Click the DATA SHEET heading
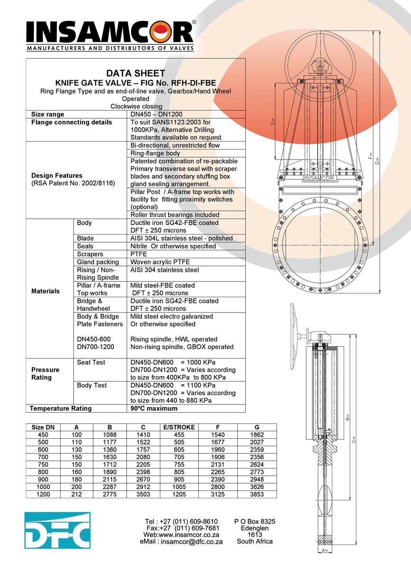click(136, 74)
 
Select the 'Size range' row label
click(47, 114)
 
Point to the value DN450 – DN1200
click(156, 114)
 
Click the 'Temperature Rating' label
click(61, 408)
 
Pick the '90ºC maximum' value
click(154, 408)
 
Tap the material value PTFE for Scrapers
click(139, 254)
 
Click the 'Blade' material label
click(85, 238)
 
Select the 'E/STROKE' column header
click(179, 427)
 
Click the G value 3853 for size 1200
click(257, 494)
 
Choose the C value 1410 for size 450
click(143, 434)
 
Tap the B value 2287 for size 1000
click(110, 487)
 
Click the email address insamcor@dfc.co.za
click(191, 542)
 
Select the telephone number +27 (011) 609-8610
click(188, 522)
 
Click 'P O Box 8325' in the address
click(255, 522)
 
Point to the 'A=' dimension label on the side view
click(325, 550)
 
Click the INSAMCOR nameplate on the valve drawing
click(318, 179)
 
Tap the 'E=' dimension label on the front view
click(273, 121)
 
